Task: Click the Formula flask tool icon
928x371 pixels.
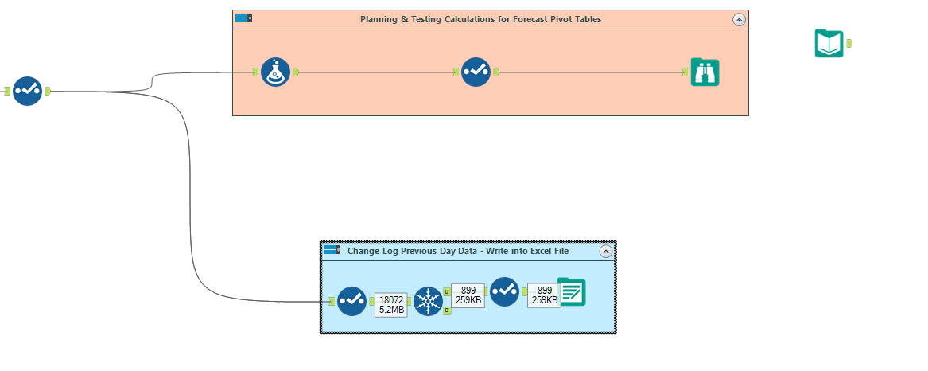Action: pyautogui.click(x=275, y=72)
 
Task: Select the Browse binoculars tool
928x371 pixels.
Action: pyautogui.click(x=705, y=72)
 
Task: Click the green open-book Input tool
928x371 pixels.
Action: pyautogui.click(x=829, y=43)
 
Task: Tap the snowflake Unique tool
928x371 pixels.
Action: pyautogui.click(x=428, y=301)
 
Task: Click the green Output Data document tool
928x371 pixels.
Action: pyautogui.click(x=571, y=291)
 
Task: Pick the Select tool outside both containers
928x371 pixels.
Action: pyautogui.click(x=27, y=91)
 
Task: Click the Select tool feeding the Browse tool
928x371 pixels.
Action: pyautogui.click(x=476, y=72)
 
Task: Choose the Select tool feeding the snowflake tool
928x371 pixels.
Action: pyautogui.click(x=351, y=301)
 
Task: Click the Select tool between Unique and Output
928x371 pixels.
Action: pyautogui.click(x=504, y=291)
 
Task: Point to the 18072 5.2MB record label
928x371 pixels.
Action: pyautogui.click(x=390, y=304)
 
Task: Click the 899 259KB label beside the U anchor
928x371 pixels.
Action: pyautogui.click(x=468, y=295)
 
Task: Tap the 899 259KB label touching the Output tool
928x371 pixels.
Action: pyautogui.click(x=544, y=295)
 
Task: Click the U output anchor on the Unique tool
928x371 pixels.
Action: pyautogui.click(x=447, y=292)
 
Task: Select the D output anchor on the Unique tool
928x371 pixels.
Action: pyautogui.click(x=447, y=310)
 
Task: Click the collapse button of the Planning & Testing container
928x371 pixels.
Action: pyautogui.click(x=738, y=19)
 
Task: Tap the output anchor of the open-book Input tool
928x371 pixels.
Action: pyautogui.click(x=850, y=43)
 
